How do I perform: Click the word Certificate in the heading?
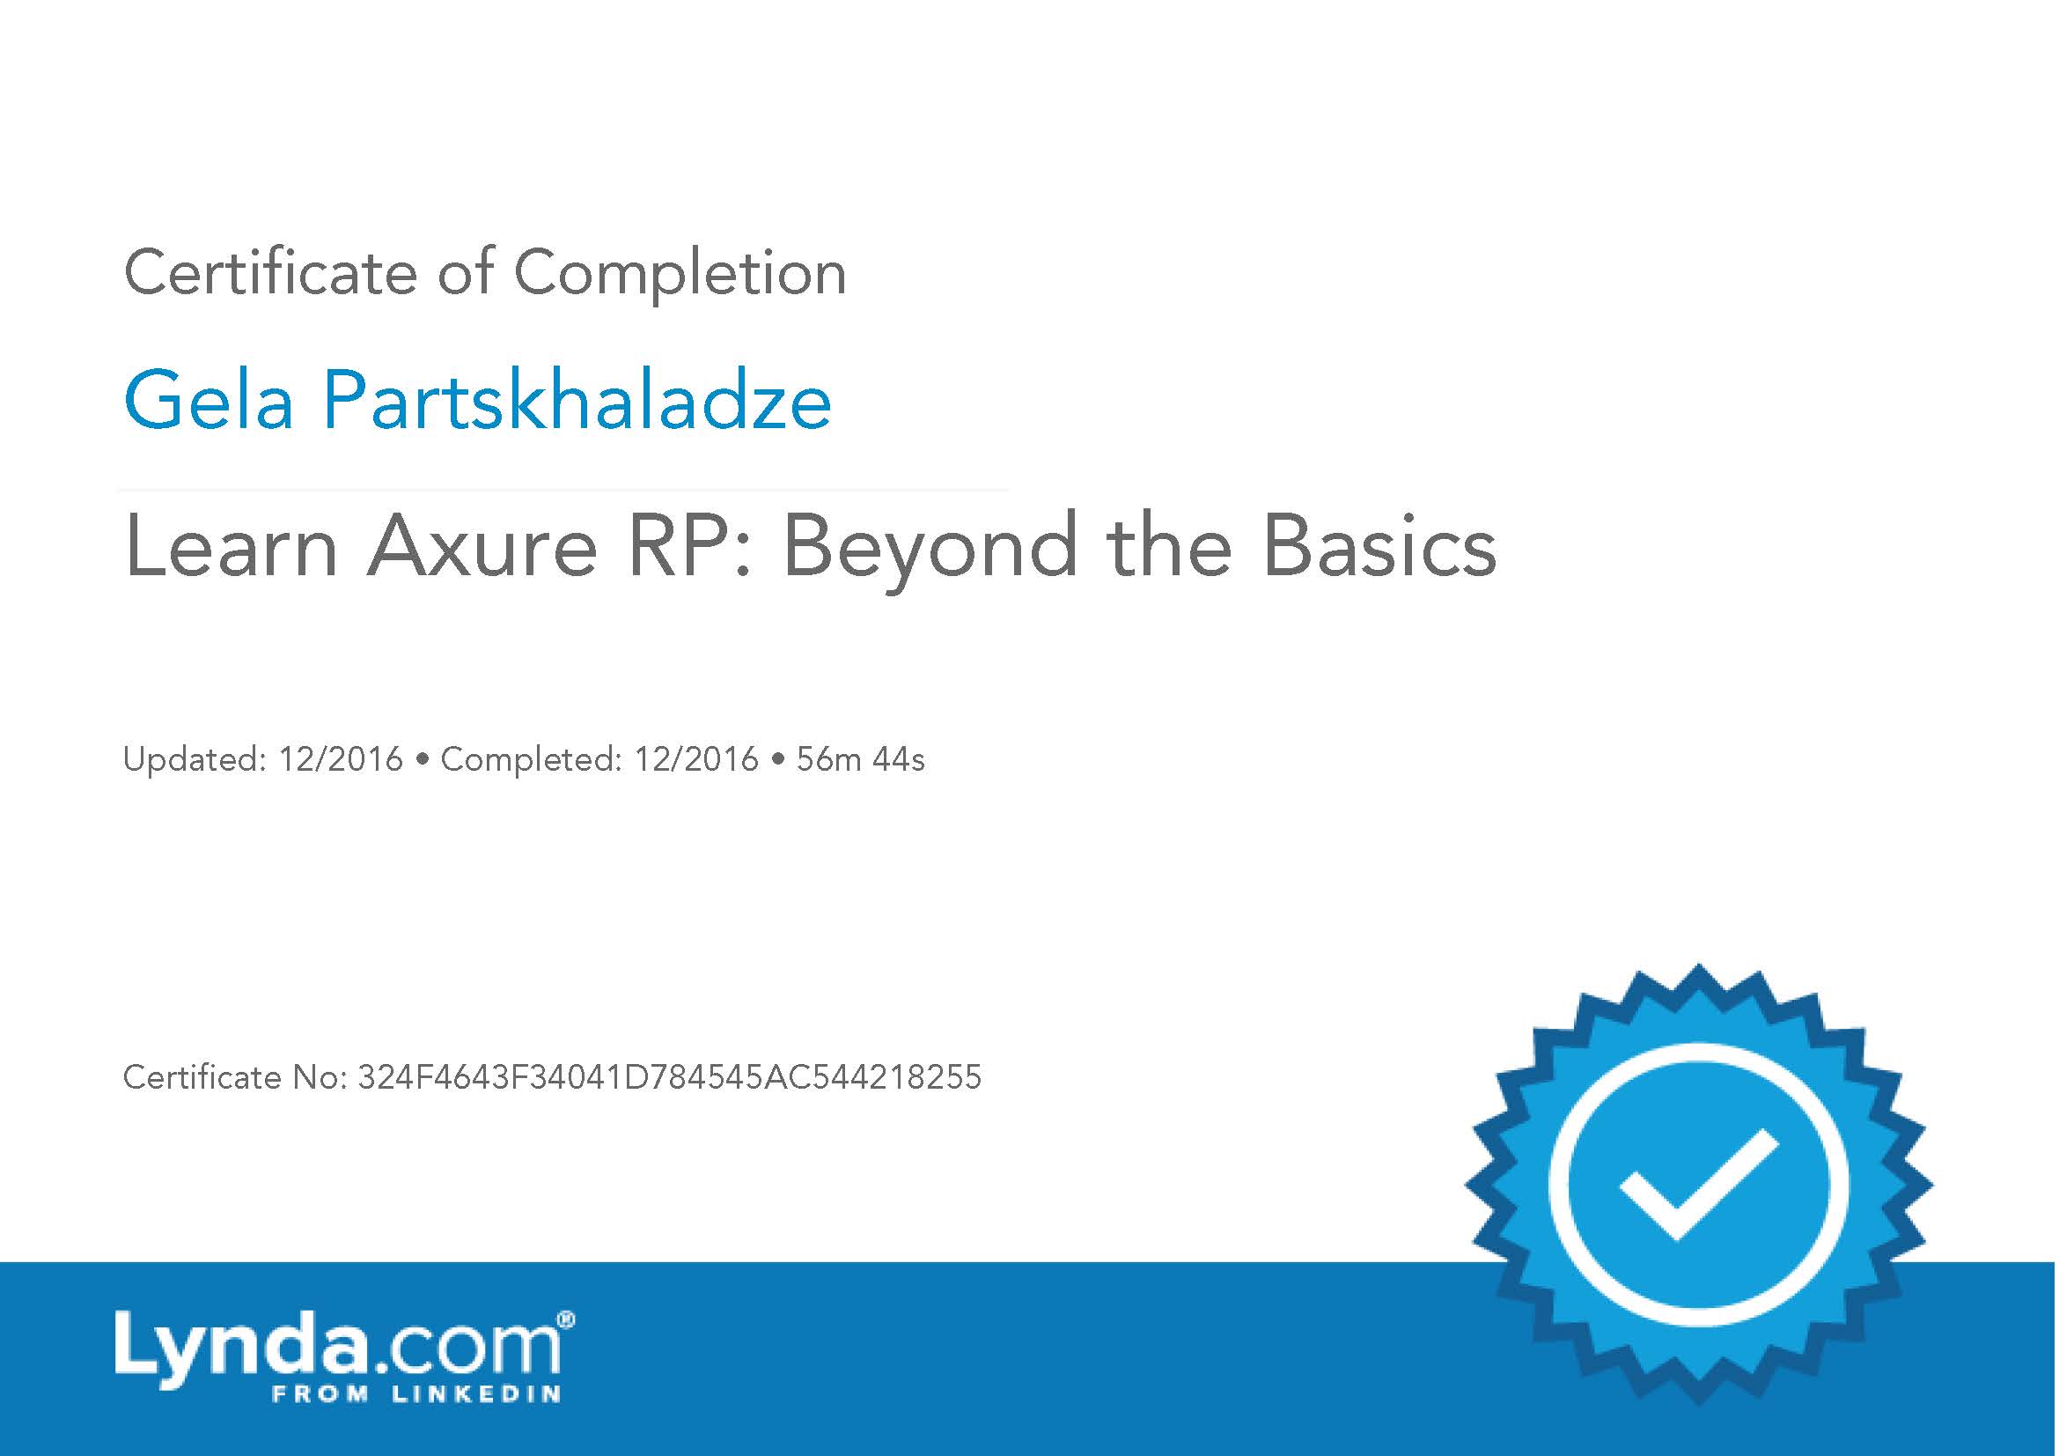pos(270,272)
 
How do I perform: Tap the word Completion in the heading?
pos(680,274)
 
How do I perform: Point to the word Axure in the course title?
pos(482,546)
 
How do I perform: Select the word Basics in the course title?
pos(1379,546)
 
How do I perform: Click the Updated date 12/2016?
pos(341,760)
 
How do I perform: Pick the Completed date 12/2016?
pos(696,760)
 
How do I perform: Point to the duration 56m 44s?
pos(860,760)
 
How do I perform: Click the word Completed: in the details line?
pos(531,761)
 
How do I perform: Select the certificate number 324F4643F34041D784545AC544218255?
pos(669,1077)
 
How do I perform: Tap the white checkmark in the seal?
pos(1697,1185)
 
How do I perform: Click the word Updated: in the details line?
pos(195,760)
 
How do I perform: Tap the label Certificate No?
pos(235,1077)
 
